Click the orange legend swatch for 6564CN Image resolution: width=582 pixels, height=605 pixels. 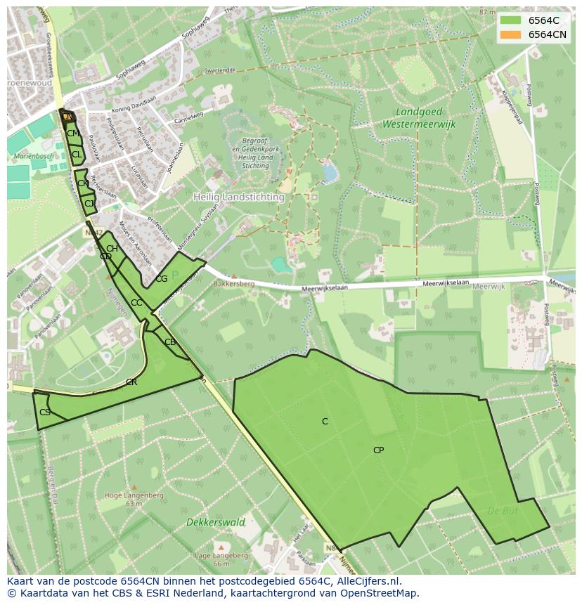tap(510, 34)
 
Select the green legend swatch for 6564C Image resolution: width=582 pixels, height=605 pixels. tap(510, 20)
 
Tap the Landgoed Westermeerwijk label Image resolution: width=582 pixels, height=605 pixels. tap(419, 118)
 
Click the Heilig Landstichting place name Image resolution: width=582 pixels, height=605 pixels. tap(239, 197)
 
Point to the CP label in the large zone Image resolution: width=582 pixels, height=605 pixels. tap(378, 450)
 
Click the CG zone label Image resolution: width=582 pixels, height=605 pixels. tap(162, 279)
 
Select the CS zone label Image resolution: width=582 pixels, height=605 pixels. tap(45, 412)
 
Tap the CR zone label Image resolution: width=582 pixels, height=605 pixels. tap(131, 382)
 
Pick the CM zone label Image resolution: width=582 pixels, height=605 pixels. tap(72, 134)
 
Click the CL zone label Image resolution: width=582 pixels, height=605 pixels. tap(77, 154)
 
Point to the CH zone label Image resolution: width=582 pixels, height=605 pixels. tap(112, 249)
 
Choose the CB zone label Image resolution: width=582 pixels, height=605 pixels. tap(169, 342)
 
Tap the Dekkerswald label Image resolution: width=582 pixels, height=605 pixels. tap(216, 522)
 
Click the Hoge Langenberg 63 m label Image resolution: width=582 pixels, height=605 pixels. tap(134, 499)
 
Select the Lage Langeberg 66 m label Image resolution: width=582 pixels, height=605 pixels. tap(221, 559)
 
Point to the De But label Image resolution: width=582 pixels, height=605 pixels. tap(503, 512)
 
